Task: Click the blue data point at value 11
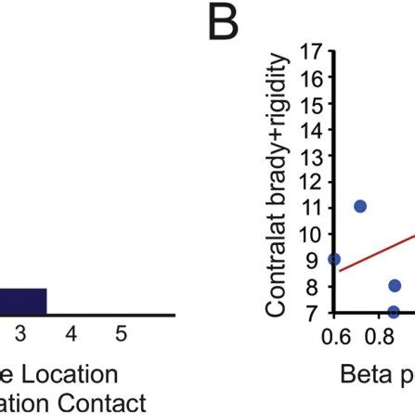click(360, 205)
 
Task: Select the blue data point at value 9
click(334, 259)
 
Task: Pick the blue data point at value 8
click(395, 285)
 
